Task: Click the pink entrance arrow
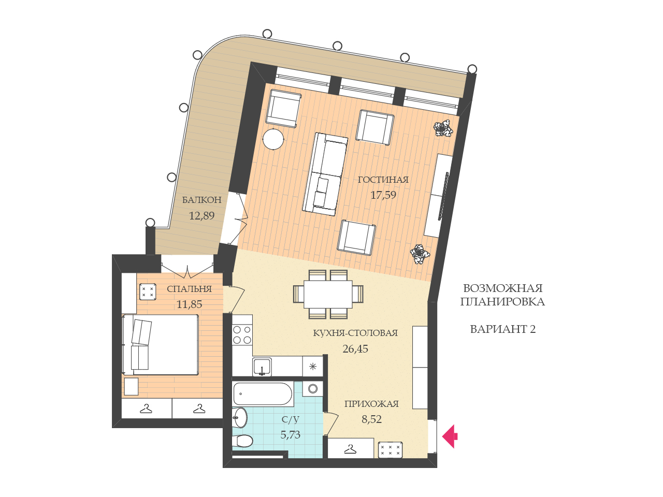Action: coord(450,436)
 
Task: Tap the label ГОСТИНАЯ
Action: coord(383,180)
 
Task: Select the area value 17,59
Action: coord(383,195)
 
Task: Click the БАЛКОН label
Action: coord(202,200)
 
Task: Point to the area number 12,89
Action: coord(202,215)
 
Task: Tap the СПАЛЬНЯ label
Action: coord(190,289)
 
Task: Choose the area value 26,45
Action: coord(355,349)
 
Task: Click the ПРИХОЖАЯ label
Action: coord(371,404)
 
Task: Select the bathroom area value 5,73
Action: coord(290,434)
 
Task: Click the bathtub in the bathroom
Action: coord(263,394)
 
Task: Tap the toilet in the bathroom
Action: coord(242,441)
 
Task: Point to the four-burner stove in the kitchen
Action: coord(242,334)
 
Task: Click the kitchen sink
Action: coord(262,367)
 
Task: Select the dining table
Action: coord(328,294)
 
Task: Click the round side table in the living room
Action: coord(273,139)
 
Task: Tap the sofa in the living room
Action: coord(325,174)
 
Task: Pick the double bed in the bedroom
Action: coord(160,345)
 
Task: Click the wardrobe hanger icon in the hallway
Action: coord(350,449)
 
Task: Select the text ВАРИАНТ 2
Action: coord(503,329)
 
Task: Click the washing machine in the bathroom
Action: coord(313,389)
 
